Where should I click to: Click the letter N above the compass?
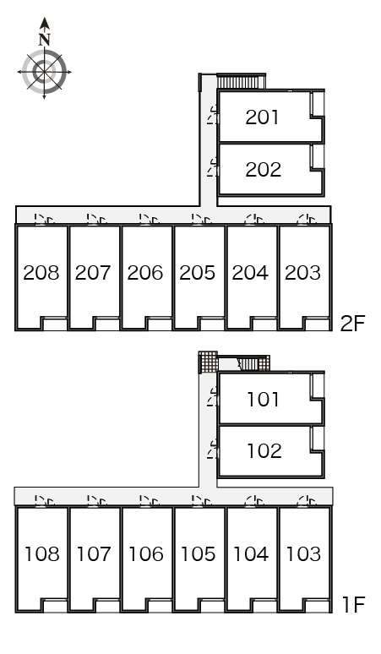(x=45, y=40)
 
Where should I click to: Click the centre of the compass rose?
(x=44, y=72)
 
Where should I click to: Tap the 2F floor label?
(x=352, y=324)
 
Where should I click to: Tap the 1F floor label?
(x=353, y=605)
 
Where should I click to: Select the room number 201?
(x=262, y=117)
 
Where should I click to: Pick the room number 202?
(x=263, y=169)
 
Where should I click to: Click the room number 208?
(x=41, y=273)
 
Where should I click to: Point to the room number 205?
(x=198, y=273)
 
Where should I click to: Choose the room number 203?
(x=302, y=273)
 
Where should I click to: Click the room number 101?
(x=264, y=399)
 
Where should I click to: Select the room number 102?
(x=264, y=451)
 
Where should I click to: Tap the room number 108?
(x=42, y=554)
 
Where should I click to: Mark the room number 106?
(x=146, y=554)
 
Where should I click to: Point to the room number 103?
(x=303, y=554)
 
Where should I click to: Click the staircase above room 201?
(x=241, y=81)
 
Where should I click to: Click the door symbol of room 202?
(x=214, y=167)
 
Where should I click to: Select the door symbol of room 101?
(x=214, y=396)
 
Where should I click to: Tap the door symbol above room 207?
(x=95, y=219)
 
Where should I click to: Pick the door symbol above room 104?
(x=254, y=500)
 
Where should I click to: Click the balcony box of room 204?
(x=264, y=324)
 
